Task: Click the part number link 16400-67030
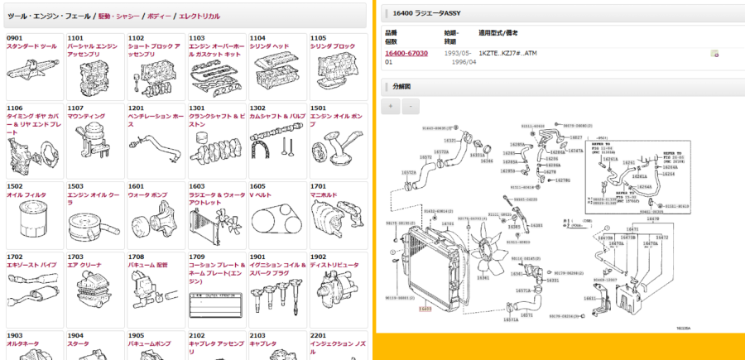coord(406,53)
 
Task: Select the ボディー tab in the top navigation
coord(160,16)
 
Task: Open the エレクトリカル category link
coord(199,16)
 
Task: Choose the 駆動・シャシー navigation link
coord(120,16)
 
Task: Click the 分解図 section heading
coord(401,85)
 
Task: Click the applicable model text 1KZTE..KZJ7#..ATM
coord(507,53)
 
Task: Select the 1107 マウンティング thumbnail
coord(92,142)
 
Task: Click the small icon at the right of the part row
coord(714,54)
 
